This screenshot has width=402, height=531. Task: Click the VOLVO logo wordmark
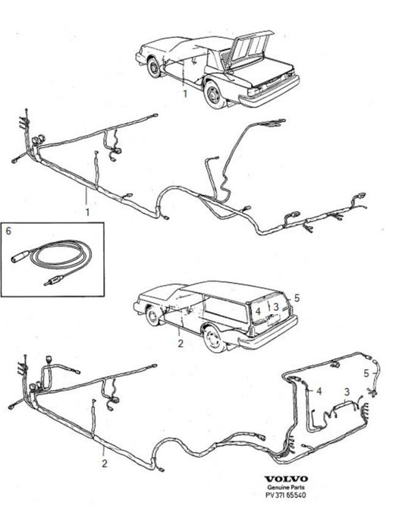(x=286, y=479)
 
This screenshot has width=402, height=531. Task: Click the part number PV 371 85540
(x=285, y=495)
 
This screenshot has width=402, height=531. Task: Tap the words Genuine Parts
(x=286, y=487)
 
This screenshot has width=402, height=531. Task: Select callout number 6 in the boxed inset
(x=9, y=231)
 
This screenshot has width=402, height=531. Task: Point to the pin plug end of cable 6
(x=52, y=281)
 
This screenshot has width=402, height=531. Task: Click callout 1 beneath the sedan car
(x=185, y=94)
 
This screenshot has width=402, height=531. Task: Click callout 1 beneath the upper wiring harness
(x=87, y=212)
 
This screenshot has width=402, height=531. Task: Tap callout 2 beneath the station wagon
(x=181, y=344)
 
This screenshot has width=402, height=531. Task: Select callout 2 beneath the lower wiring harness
(x=105, y=463)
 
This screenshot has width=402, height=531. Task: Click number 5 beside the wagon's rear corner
(x=297, y=298)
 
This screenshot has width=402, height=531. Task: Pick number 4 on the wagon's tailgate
(x=259, y=310)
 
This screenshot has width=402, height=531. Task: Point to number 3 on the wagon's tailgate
(x=276, y=306)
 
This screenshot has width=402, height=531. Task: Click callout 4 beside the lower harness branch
(x=319, y=391)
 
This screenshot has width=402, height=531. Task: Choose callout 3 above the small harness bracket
(x=347, y=392)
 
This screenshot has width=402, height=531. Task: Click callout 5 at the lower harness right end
(x=366, y=373)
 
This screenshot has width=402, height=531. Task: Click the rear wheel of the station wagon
(x=214, y=338)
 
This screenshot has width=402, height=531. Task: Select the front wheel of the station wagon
(x=153, y=316)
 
